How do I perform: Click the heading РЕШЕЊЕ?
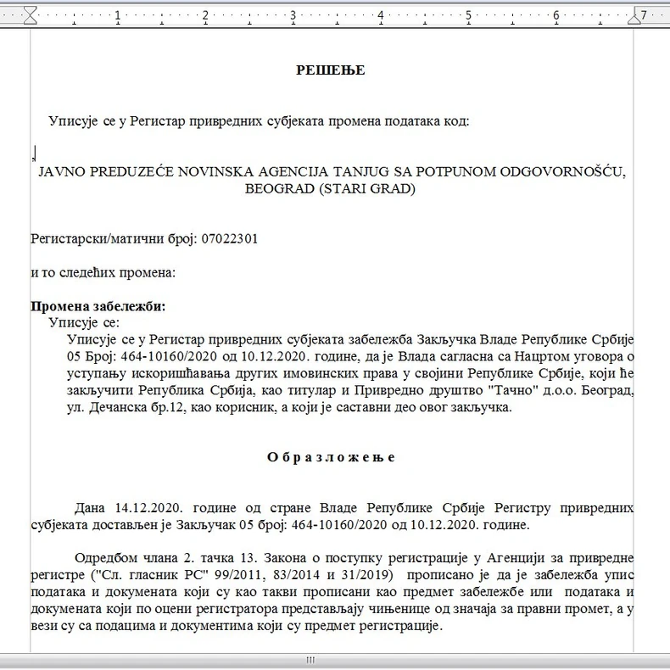(x=331, y=70)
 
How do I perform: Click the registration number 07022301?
(x=229, y=239)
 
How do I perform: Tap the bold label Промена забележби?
(x=98, y=306)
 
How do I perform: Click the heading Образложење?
(x=331, y=457)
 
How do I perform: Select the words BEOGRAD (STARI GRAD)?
(x=331, y=188)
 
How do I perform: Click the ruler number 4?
(x=381, y=14)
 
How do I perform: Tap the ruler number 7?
(x=645, y=14)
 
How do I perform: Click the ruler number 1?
(x=116, y=14)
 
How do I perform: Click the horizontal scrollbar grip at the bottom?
(x=310, y=661)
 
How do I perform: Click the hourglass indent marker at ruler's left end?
(x=31, y=14)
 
